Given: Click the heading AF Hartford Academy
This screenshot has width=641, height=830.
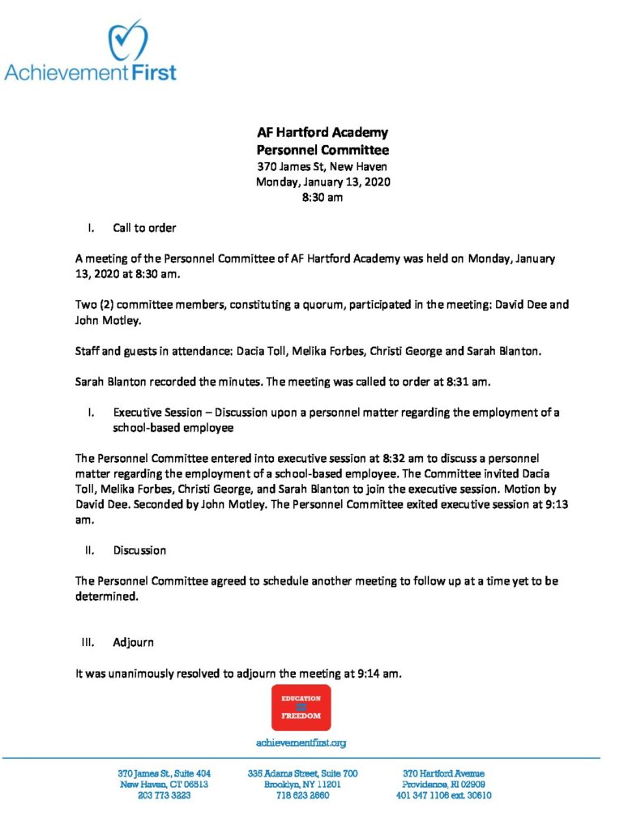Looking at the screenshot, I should click(x=323, y=133).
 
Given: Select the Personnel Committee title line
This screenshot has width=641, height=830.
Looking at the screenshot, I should click(x=323, y=150).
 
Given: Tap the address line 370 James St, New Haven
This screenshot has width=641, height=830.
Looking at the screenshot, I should click(x=323, y=166).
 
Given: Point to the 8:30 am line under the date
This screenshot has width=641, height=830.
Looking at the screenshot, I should click(x=323, y=197).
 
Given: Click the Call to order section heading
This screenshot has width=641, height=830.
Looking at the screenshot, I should click(x=144, y=228).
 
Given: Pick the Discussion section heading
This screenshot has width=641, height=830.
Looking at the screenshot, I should click(x=139, y=550).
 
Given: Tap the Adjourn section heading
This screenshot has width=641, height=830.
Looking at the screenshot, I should click(x=133, y=643).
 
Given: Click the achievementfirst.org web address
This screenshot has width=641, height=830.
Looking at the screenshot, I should click(x=301, y=742).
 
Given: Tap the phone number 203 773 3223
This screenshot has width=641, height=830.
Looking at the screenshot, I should click(x=165, y=796).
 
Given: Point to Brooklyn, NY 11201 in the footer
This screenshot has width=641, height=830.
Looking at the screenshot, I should click(x=302, y=785).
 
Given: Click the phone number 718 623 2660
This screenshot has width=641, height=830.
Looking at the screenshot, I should click(x=302, y=796).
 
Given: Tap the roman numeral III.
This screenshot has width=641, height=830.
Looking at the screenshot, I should click(x=88, y=643).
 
